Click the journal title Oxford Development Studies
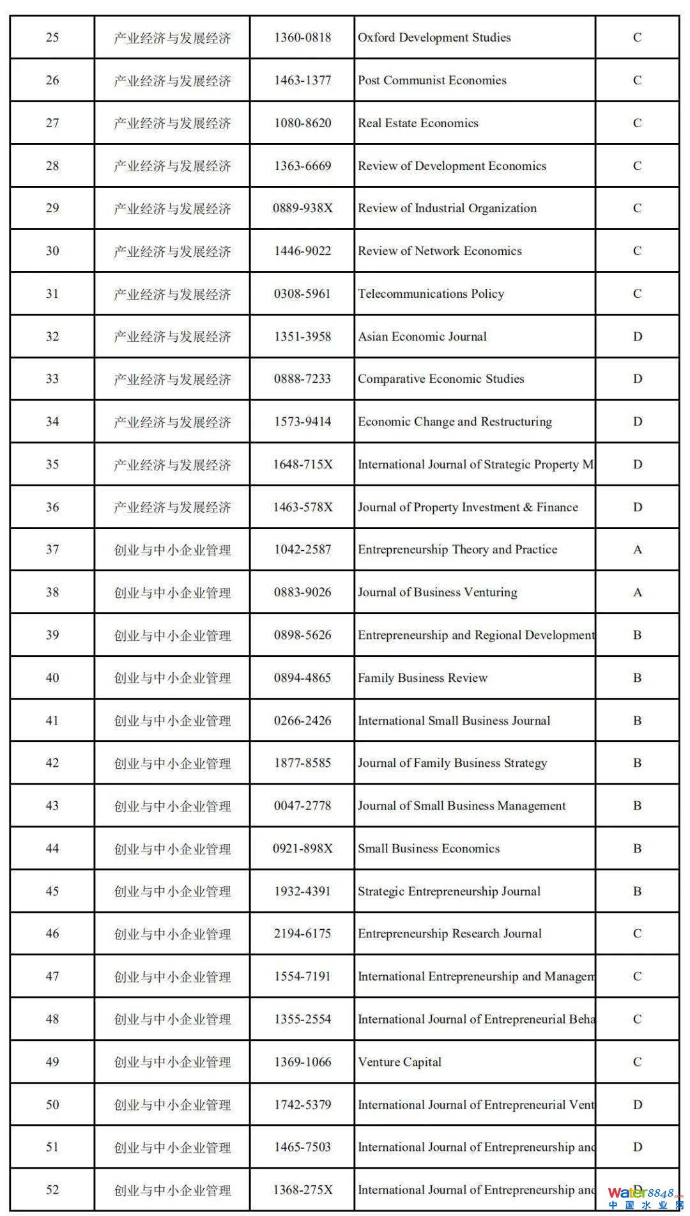coord(434,38)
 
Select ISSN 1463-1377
coord(302,81)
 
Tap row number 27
coord(52,123)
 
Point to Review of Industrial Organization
coord(447,208)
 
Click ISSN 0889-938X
coord(302,208)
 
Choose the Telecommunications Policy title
coord(431,294)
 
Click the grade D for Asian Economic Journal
coord(637,337)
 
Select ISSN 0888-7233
coord(302,379)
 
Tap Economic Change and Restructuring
coord(455,422)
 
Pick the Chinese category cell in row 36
coord(172,507)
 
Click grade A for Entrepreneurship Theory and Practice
coord(637,550)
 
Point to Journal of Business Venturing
coord(437,592)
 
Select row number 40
coord(52,678)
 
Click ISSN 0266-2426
coord(302,721)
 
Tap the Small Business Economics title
coord(429,849)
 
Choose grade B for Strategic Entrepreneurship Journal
coord(637,891)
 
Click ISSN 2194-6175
coord(302,934)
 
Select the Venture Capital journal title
coord(399,1062)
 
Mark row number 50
coord(52,1105)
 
